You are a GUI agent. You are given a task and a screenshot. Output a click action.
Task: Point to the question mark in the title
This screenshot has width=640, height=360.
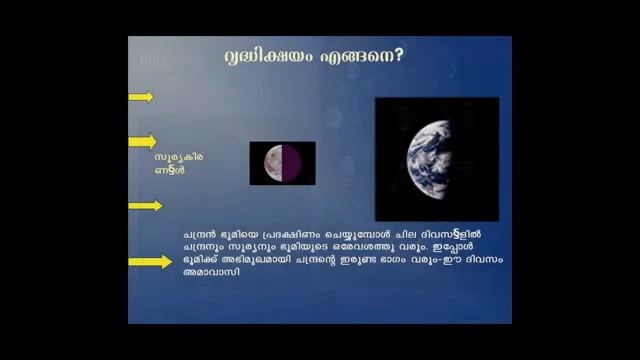pyautogui.click(x=400, y=56)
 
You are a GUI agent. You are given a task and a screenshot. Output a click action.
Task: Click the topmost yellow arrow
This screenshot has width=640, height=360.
pyautogui.click(x=141, y=97)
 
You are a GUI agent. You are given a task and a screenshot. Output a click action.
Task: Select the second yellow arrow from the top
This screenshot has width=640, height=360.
pyautogui.click(x=142, y=141)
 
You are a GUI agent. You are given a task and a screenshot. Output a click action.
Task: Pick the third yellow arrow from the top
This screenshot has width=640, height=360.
pyautogui.click(x=145, y=206)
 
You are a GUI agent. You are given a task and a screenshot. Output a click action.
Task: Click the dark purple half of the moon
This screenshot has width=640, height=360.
pyautogui.click(x=297, y=163)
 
